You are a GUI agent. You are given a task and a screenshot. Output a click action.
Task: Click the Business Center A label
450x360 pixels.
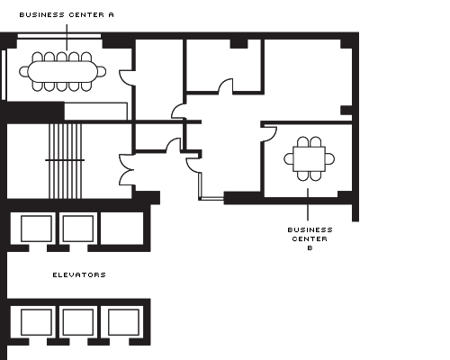[67, 14]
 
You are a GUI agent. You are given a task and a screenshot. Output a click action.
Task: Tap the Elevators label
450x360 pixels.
[79, 274]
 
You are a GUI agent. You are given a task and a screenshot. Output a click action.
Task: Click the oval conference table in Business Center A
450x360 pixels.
[63, 72]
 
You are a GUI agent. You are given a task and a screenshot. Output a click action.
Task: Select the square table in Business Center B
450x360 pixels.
[309, 159]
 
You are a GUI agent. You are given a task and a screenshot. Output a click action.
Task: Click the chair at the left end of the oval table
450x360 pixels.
[23, 72]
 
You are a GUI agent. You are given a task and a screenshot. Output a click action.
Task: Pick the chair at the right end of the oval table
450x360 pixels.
[102, 72]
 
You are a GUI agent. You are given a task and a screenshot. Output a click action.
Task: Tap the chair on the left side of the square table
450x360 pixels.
[289, 159]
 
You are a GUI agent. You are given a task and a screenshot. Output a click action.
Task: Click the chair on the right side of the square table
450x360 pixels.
[329, 159]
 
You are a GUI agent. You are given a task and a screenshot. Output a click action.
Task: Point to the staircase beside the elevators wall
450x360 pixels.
[65, 161]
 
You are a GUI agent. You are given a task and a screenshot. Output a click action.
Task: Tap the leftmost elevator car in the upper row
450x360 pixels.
[36, 229]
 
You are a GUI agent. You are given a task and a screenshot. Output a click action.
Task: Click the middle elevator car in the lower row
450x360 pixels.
[78, 322]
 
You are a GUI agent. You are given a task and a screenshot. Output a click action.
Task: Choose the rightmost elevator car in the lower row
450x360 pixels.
[123, 322]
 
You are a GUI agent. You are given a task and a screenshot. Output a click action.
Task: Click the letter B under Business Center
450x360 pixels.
[310, 248]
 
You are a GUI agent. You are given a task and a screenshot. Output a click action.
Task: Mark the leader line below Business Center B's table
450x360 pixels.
[308, 204]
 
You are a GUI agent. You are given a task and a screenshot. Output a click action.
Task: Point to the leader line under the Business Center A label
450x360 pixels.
[67, 38]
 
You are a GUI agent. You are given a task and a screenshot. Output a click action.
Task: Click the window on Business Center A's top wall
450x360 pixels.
[59, 36]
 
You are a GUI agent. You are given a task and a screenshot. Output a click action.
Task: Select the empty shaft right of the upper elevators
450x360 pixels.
[122, 229]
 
